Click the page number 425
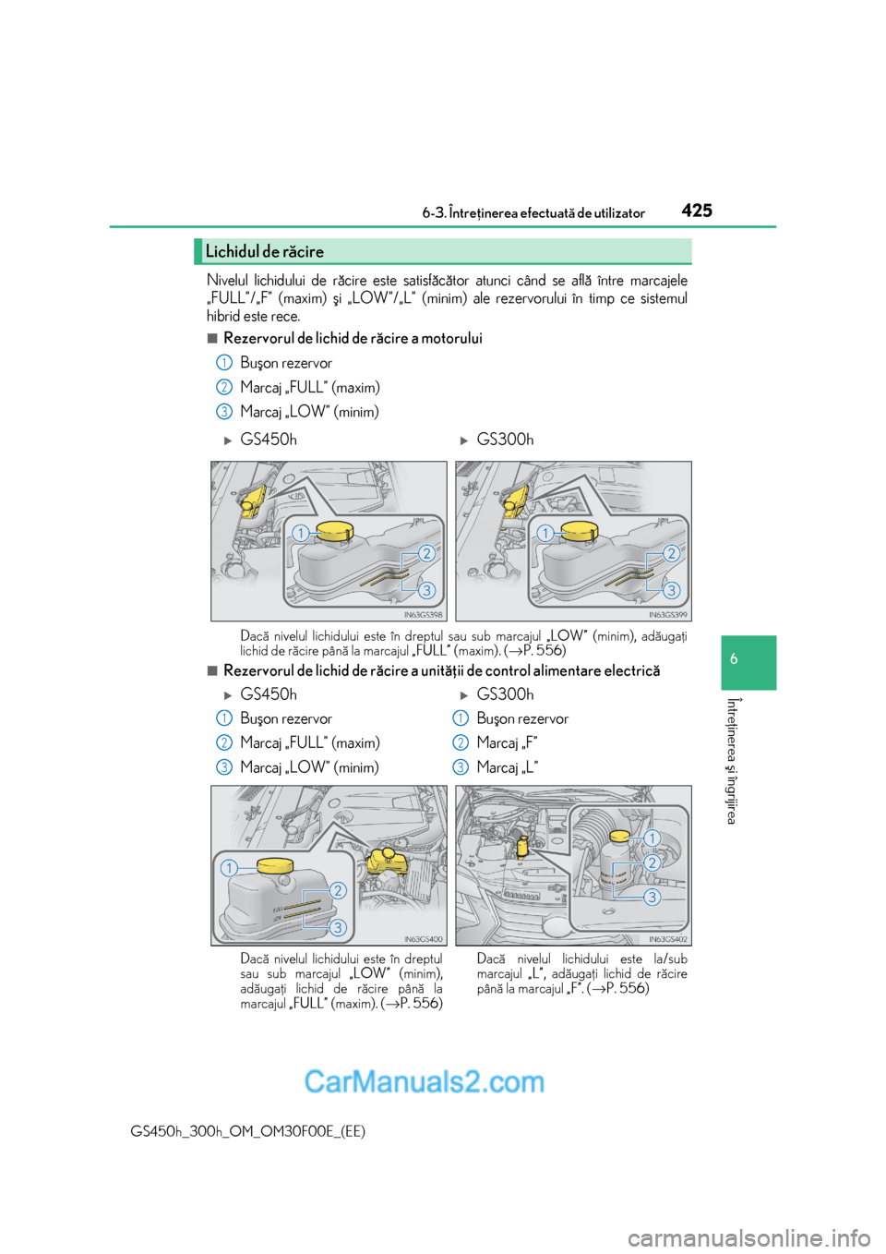point(697,211)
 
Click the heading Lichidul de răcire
point(265,251)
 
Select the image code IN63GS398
point(423,614)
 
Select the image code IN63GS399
point(667,614)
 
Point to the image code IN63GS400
point(423,939)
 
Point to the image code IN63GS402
point(667,939)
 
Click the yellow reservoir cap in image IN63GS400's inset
point(275,865)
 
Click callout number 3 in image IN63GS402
point(652,897)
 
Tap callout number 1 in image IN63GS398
point(300,533)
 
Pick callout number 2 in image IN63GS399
point(671,553)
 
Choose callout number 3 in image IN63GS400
point(338,927)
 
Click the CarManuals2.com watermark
point(424,1081)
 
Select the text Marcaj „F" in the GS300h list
point(507,743)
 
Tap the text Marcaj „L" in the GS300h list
point(507,767)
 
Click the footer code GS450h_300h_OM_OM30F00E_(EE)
point(248,1131)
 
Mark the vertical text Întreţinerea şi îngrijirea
point(732,761)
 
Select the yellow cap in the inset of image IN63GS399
point(580,531)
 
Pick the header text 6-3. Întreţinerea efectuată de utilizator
point(533,213)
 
